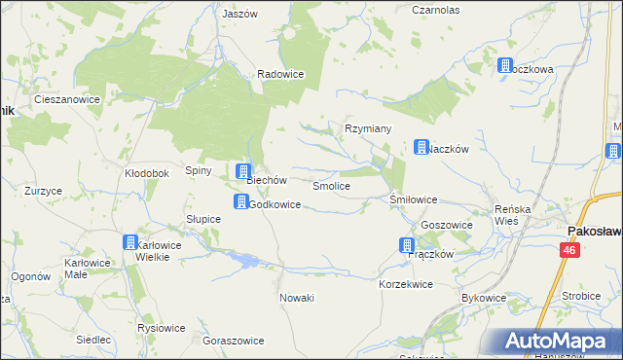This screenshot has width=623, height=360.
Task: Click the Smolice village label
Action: tap(331, 185)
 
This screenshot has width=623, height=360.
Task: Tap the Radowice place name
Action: tap(280, 74)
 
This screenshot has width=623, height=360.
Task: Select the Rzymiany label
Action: tap(368, 128)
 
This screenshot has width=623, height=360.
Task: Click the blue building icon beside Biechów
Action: tap(243, 172)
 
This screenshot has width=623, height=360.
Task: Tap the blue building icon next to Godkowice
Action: tap(239, 201)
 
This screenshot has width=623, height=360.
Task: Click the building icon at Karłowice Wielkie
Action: tap(129, 242)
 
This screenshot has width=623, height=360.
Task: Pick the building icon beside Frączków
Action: tap(406, 245)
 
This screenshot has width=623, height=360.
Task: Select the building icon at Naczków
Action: tap(421, 147)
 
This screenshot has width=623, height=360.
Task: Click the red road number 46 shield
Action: tap(567, 251)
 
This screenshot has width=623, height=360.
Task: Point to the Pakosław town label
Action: tap(594, 231)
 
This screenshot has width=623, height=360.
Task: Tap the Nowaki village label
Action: tap(296, 298)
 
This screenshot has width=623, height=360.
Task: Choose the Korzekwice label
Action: tap(405, 283)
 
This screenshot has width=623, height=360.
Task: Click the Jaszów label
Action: tap(239, 15)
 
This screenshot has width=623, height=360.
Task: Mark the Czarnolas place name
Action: tap(435, 9)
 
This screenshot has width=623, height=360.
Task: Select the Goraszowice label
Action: tap(232, 342)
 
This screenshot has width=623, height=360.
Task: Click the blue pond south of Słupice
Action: tap(247, 260)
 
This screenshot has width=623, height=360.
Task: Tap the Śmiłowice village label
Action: tap(414, 199)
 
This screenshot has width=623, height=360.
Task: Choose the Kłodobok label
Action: tap(147, 173)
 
